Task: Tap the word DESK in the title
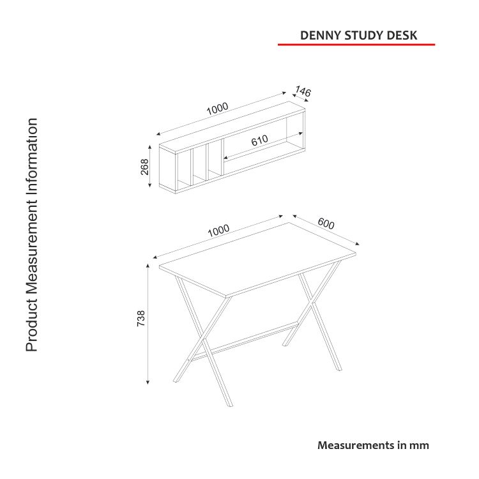[x=402, y=35]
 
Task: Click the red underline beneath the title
[x=356, y=45]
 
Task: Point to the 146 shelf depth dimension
[x=303, y=91]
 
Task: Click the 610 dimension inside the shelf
[x=260, y=141]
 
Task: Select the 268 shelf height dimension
[x=144, y=167]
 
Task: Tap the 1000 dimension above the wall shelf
[x=217, y=109]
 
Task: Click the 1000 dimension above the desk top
[x=218, y=231]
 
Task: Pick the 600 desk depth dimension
[x=326, y=224]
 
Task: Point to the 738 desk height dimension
[x=141, y=318]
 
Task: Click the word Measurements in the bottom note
[x=356, y=445]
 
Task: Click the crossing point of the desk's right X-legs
[x=312, y=303]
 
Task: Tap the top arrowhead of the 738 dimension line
[x=148, y=266]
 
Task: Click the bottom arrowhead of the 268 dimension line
[x=149, y=185]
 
